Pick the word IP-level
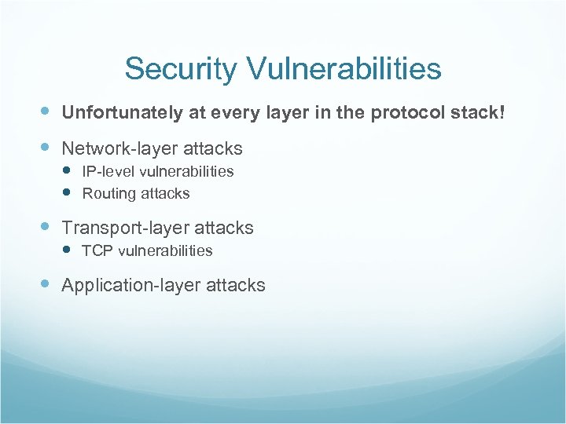point(108,171)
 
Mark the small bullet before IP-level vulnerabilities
point(68,171)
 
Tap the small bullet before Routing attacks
point(68,193)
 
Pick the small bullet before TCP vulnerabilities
point(68,250)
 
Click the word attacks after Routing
point(164,193)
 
